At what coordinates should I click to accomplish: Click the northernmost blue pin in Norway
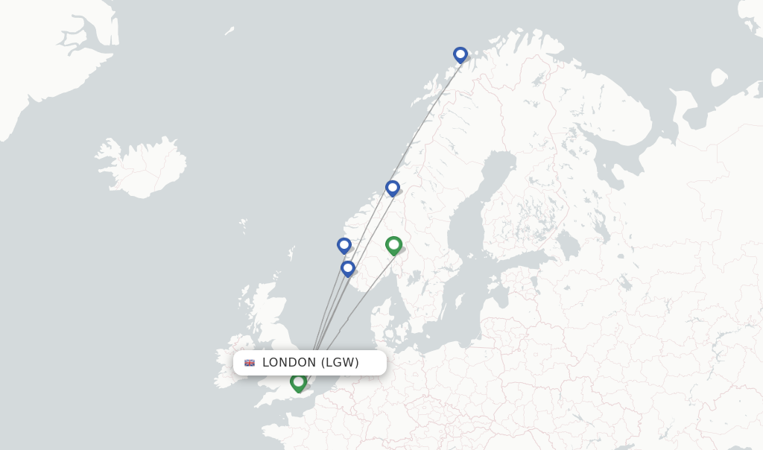pyautogui.click(x=460, y=54)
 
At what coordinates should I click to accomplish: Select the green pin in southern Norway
pyautogui.click(x=393, y=244)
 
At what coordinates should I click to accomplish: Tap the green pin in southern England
pyautogui.click(x=299, y=382)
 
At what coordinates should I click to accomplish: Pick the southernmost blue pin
pyautogui.click(x=347, y=268)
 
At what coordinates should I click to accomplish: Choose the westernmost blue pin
pyautogui.click(x=343, y=245)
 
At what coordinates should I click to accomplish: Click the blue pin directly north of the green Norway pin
pyautogui.click(x=393, y=188)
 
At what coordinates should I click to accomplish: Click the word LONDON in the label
pyautogui.click(x=289, y=363)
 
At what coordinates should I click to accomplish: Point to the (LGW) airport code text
pyautogui.click(x=340, y=363)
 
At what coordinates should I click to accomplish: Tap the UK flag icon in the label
pyautogui.click(x=250, y=363)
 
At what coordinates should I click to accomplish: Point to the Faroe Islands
pyautogui.click(x=244, y=224)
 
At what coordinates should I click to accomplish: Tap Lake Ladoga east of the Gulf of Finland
pyautogui.click(x=569, y=244)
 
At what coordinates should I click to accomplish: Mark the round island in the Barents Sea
pyautogui.click(x=719, y=77)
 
